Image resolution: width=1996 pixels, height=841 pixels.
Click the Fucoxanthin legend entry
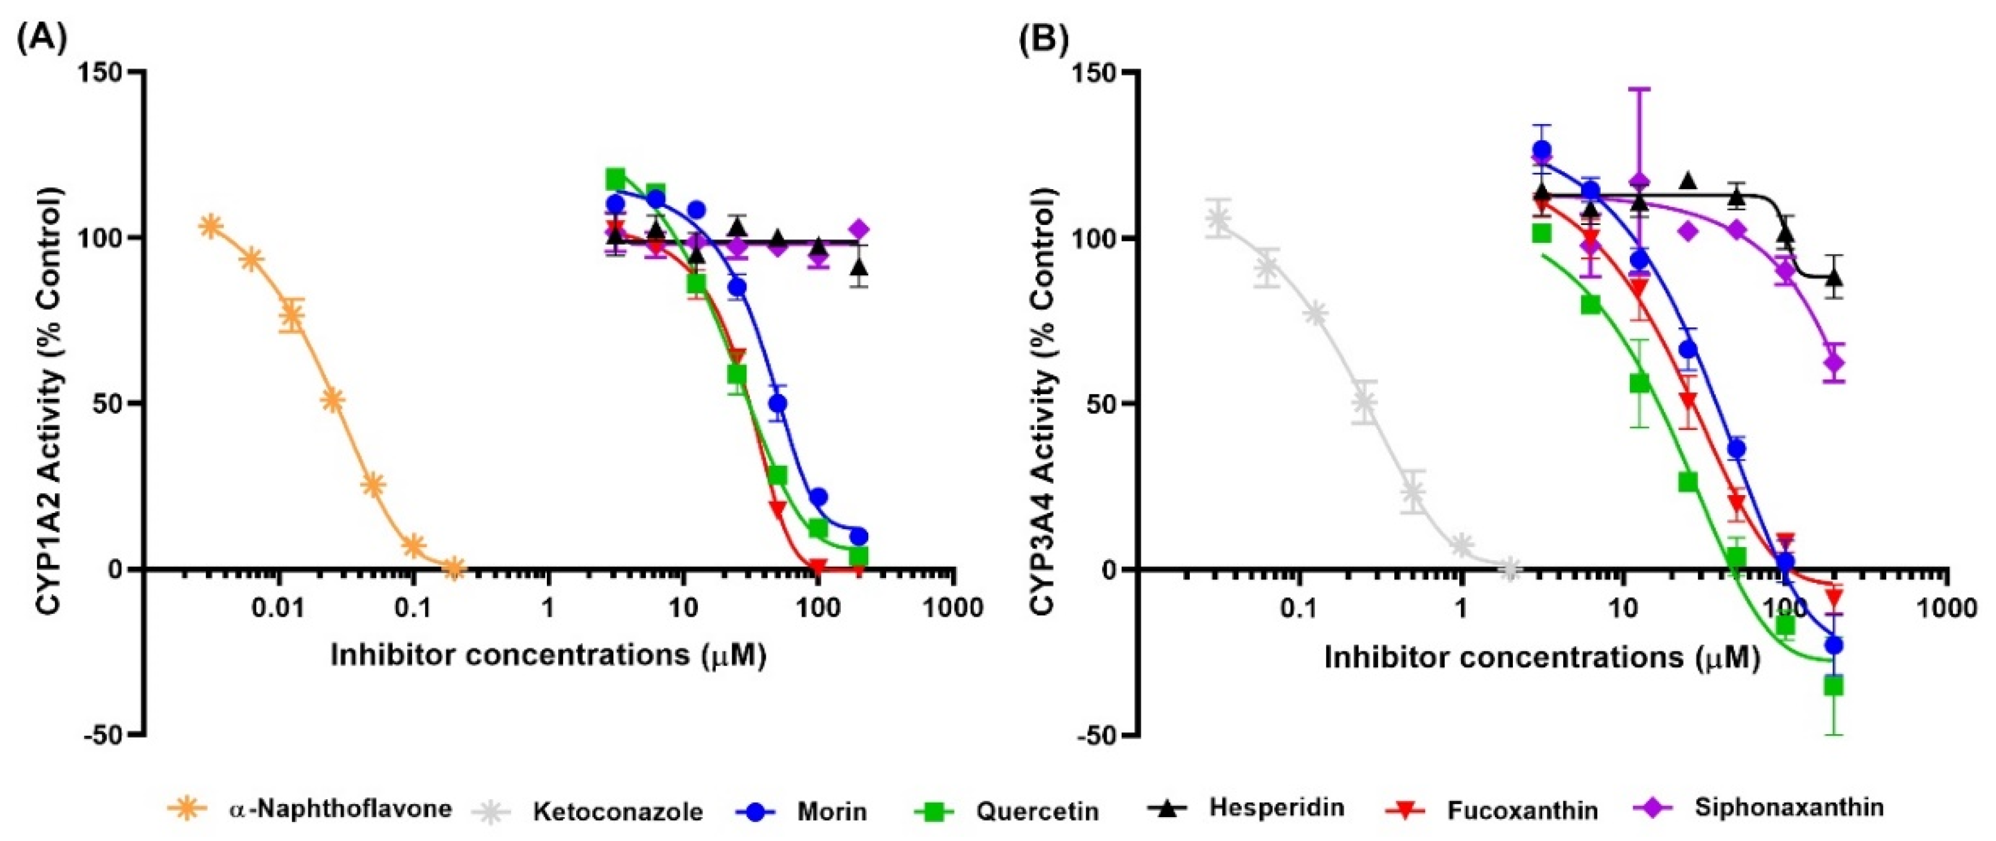pos(1522,810)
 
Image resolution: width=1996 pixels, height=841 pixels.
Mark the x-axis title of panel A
pos(549,656)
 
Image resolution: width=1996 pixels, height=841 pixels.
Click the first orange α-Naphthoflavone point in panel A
pos(210,226)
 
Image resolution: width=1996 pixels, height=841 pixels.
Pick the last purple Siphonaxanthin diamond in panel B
pos(1833,363)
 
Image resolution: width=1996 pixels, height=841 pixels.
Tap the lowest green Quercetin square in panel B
pos(1833,685)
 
